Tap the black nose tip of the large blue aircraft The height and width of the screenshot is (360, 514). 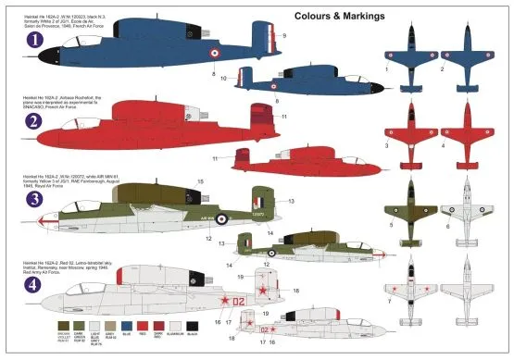[40, 68]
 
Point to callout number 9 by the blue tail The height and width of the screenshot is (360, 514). [285, 35]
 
